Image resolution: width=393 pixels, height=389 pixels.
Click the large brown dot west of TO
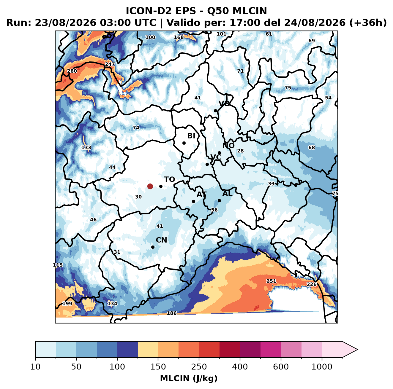pyautogui.click(x=150, y=186)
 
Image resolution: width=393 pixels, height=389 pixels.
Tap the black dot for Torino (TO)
pyautogui.click(x=161, y=186)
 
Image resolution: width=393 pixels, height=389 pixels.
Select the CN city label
pyautogui.click(x=161, y=240)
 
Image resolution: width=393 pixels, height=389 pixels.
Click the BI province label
pyautogui.click(x=191, y=136)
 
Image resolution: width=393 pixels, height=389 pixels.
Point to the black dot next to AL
pyautogui.click(x=219, y=200)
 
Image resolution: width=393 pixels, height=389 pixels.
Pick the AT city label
pyautogui.click(x=201, y=194)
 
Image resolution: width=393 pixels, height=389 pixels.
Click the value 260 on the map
pyautogui.click(x=72, y=71)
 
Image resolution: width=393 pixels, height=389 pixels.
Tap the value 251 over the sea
pyautogui.click(x=271, y=281)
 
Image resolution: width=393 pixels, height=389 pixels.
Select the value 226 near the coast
pyautogui.click(x=312, y=284)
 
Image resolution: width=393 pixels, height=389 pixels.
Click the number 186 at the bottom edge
pyautogui.click(x=172, y=313)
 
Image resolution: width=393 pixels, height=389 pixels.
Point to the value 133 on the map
pyautogui.click(x=86, y=147)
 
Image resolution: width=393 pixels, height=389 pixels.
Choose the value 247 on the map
pyautogui.click(x=110, y=64)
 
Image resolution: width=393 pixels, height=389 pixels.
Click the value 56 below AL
pyautogui.click(x=214, y=210)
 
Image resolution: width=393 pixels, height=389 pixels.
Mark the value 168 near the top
pyautogui.click(x=179, y=37)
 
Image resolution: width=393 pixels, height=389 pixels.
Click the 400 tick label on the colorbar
pyautogui.click(x=240, y=366)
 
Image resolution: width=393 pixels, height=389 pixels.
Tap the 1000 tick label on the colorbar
pyautogui.click(x=322, y=366)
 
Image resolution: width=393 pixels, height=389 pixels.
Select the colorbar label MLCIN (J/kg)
pyautogui.click(x=189, y=378)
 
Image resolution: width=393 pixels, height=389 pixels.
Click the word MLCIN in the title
pyautogui.click(x=250, y=11)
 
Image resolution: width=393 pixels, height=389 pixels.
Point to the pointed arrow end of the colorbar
pyautogui.click(x=357, y=350)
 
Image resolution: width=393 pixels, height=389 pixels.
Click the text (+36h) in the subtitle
pyautogui.click(x=368, y=23)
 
